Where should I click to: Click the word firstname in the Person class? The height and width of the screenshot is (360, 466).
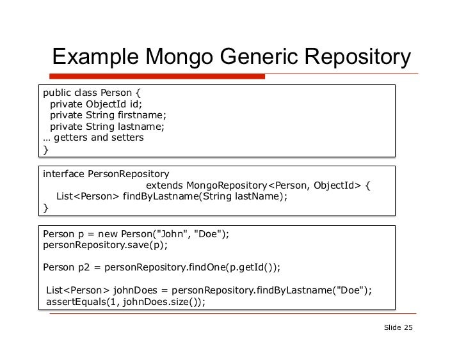coord(141,115)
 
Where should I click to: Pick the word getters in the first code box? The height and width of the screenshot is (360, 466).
coord(73,137)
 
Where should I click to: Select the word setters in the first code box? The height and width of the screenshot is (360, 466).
coord(126,137)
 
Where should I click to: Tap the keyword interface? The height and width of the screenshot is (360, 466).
coord(63,174)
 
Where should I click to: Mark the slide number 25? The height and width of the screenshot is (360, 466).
coord(408,328)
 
